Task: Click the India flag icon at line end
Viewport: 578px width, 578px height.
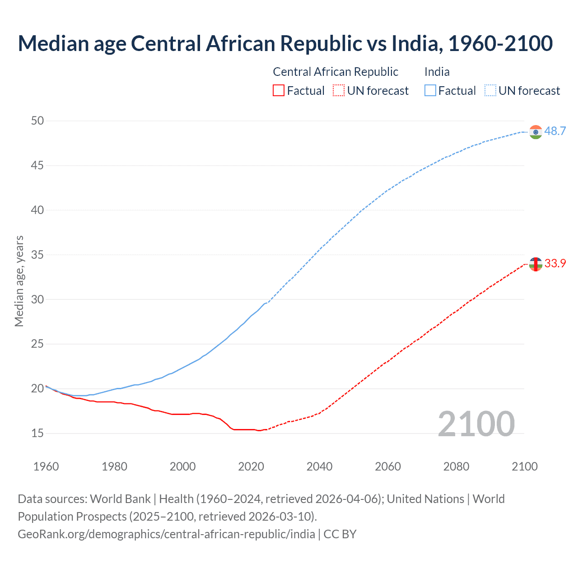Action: pos(536,132)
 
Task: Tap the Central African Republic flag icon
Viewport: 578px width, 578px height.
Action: pos(536,264)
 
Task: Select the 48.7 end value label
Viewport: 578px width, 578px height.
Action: pos(555,131)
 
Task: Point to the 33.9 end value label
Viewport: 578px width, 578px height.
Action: pos(555,263)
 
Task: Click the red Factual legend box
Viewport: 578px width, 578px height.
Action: pos(279,91)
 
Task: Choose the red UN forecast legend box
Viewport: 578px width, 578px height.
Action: pos(339,91)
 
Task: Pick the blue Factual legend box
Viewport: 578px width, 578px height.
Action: pos(430,91)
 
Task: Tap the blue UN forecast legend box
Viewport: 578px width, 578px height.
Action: pos(490,91)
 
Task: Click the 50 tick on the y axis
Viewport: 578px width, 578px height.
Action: pos(37,121)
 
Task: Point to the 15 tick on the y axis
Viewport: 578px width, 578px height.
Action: pos(37,433)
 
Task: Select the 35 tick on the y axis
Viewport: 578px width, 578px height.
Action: pos(37,255)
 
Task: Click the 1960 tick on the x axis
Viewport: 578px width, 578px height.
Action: pos(46,466)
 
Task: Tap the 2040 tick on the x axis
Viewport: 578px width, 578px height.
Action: pos(319,466)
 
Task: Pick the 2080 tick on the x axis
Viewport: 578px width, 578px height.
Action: pos(456,466)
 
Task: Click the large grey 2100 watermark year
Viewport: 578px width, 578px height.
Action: pos(476,424)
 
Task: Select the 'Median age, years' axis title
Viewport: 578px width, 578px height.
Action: pos(19,281)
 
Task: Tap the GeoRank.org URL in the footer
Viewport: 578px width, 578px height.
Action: pos(166,534)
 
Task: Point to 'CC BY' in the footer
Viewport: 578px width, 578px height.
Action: pos(340,534)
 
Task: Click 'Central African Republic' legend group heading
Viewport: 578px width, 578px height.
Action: pos(336,72)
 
